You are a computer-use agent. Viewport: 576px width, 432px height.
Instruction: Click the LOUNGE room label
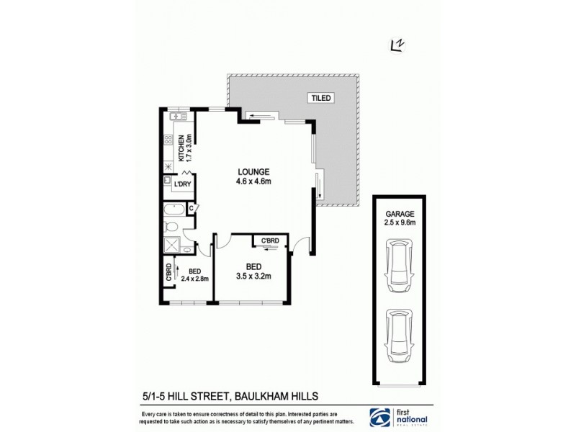[253, 172]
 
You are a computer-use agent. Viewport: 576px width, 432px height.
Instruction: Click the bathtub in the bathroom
[174, 211]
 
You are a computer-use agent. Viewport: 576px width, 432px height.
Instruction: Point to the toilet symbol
[171, 228]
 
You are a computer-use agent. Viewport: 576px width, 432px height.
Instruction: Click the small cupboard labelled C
[192, 209]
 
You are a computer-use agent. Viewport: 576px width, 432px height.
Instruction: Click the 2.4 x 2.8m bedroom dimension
[194, 278]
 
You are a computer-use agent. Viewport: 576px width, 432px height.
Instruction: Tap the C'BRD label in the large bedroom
[270, 240]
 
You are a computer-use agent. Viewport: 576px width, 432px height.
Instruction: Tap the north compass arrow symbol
[395, 45]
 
